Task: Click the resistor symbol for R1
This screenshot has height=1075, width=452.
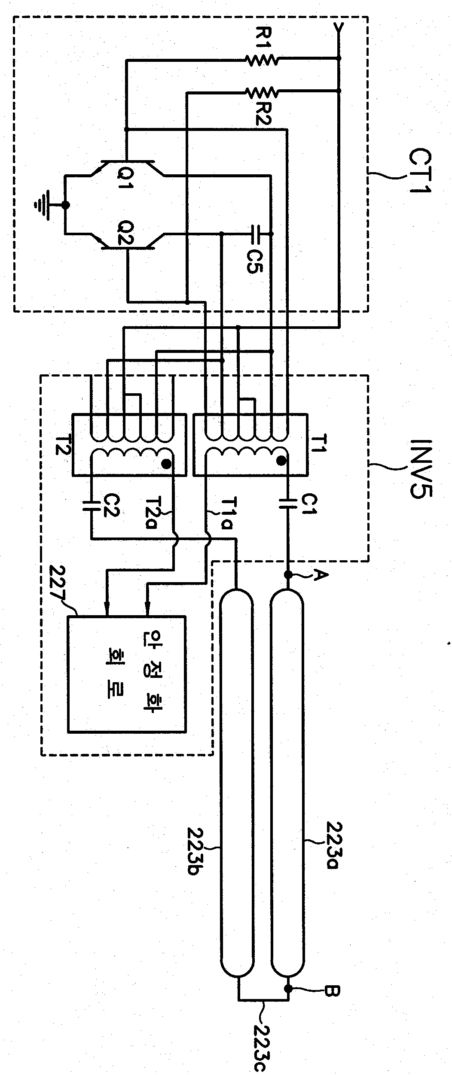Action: [262, 60]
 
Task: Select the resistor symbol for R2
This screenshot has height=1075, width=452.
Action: [262, 91]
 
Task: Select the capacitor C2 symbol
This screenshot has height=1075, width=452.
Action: [91, 504]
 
